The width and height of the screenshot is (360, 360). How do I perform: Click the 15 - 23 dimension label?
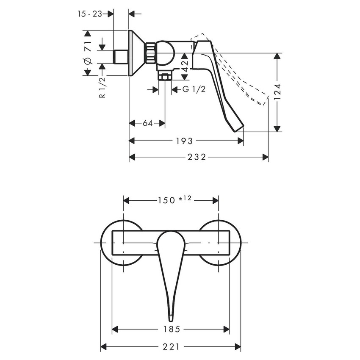tap(90, 14)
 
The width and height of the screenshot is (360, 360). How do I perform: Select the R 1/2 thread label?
tap(102, 88)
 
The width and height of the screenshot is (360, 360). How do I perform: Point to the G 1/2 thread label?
tap(194, 89)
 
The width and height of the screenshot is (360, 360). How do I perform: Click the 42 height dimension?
tap(185, 66)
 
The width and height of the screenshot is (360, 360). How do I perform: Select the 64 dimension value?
tap(147, 123)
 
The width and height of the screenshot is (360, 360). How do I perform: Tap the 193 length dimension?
tap(187, 141)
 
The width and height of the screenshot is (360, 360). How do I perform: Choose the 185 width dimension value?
tap(172, 329)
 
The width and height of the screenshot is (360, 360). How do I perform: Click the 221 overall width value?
tap(171, 346)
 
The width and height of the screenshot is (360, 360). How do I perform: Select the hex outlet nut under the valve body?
tap(164, 76)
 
